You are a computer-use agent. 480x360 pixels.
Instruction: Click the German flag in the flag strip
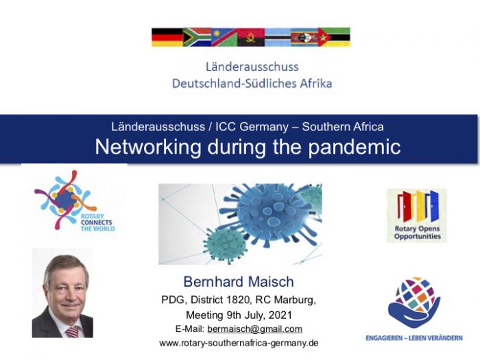point(167,37)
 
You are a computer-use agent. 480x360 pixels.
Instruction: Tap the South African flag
point(197,37)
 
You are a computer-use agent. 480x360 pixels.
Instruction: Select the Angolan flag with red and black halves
point(252,37)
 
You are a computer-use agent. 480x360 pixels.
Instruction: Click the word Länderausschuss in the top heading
point(252,67)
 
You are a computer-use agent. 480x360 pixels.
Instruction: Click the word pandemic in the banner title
point(355,147)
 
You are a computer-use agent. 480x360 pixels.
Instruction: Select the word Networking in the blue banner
point(148,147)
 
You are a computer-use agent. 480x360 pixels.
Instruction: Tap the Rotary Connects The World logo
point(74,200)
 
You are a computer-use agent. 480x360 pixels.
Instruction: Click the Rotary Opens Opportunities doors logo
point(417,215)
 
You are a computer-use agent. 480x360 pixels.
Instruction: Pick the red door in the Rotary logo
point(404,206)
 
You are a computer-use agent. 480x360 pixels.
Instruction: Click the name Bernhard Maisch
point(239,282)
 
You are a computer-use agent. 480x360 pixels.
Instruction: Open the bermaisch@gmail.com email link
point(254,329)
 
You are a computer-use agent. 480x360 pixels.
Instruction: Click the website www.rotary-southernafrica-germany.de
point(239,343)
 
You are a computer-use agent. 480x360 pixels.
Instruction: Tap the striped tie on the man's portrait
point(73,332)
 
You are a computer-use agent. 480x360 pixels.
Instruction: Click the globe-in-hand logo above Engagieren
point(414,302)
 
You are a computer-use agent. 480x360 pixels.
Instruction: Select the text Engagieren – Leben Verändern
point(414,338)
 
